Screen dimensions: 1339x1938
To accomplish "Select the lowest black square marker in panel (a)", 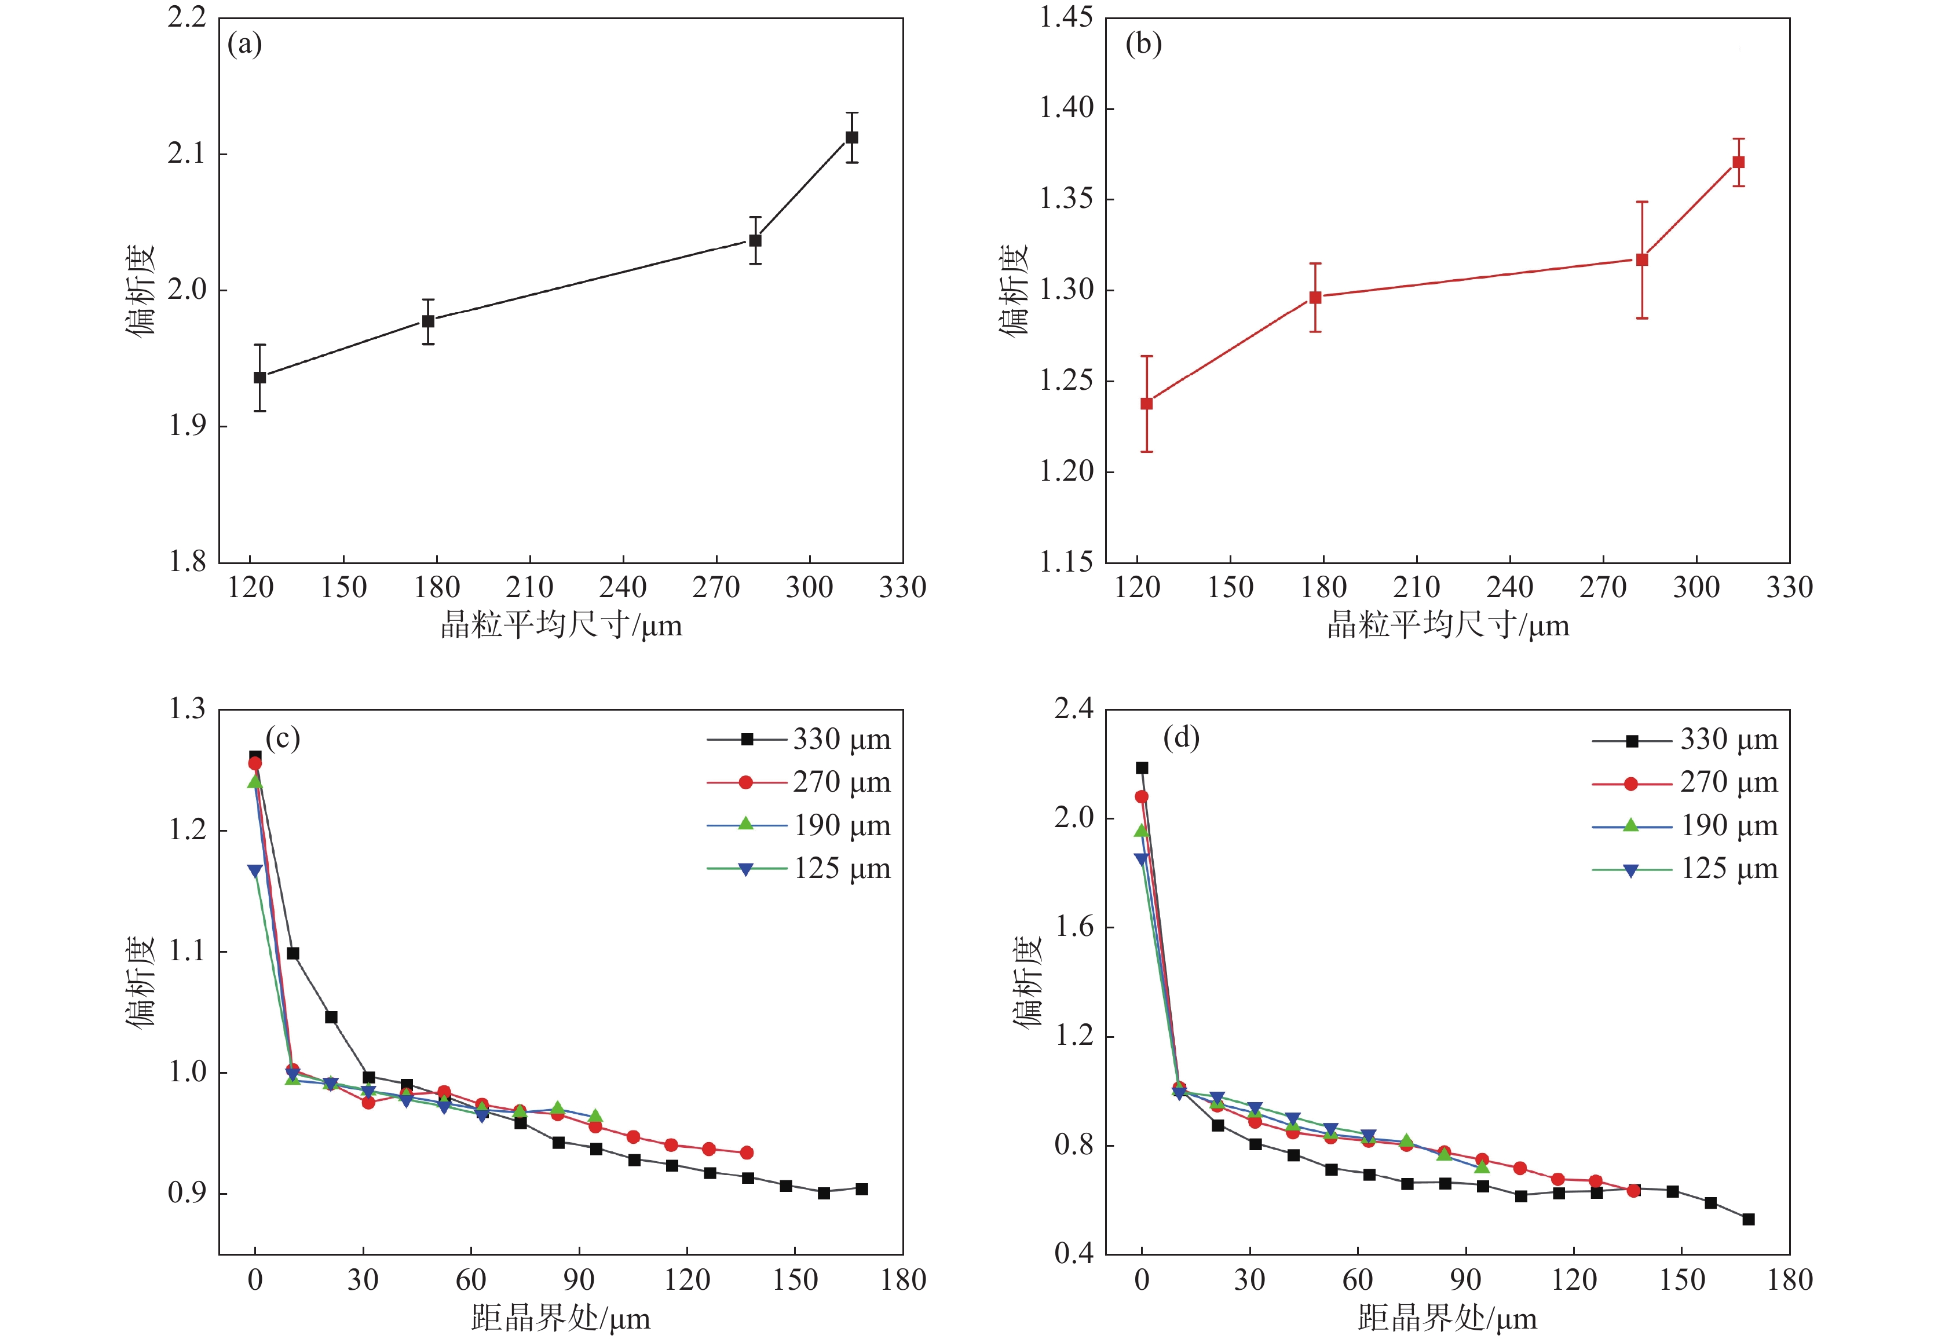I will coord(260,378).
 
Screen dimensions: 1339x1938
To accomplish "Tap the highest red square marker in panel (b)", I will coord(1738,162).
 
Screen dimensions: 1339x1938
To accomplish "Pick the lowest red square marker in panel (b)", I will coord(1147,404).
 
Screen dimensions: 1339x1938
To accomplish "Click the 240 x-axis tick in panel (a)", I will coord(623,587).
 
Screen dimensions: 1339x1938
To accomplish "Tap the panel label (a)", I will coord(245,43).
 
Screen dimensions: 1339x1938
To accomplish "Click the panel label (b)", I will coord(1143,43).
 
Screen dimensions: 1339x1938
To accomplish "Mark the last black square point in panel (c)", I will coord(862,1189).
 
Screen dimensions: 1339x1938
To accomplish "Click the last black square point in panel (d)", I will coord(1749,1219).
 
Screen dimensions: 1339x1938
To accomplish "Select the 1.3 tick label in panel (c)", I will coord(187,710).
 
